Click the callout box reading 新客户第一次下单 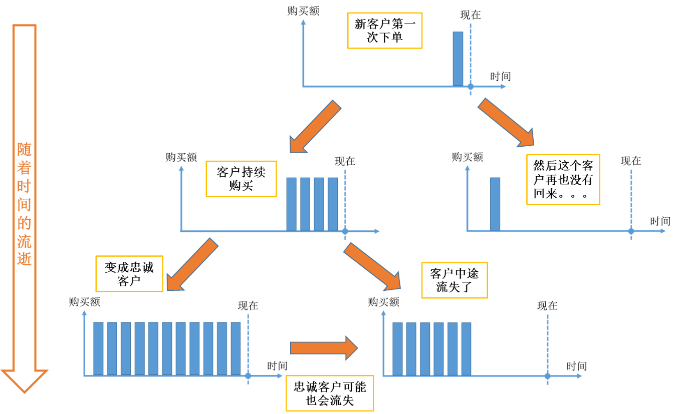point(384,31)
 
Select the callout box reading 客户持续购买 point(241,179)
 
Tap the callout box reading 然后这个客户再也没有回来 point(563,180)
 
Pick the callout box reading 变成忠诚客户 point(129,274)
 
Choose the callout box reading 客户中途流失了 point(455,280)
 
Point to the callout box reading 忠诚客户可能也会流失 point(330,393)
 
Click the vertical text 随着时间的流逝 point(24,204)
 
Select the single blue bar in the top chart point(458,59)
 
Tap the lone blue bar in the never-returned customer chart point(495,204)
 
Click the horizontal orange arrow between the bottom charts point(324,348)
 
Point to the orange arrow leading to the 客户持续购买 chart point(315,127)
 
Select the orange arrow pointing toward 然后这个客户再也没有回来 point(506,123)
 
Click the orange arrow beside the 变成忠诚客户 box point(192,264)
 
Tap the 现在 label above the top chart point(471,15)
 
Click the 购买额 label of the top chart point(303,11)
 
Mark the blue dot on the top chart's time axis point(471,87)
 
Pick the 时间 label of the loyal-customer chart point(277,366)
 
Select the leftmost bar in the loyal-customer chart point(98,349)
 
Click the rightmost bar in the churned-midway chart point(466,349)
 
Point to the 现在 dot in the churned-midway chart point(547,376)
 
